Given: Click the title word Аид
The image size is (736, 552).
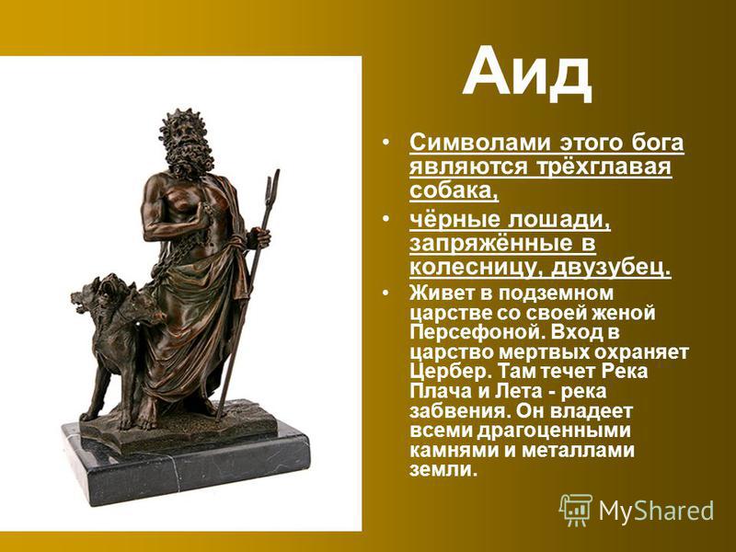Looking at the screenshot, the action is click(527, 72).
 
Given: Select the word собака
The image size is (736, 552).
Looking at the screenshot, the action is click(454, 190).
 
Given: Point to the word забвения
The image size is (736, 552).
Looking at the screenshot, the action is click(459, 411).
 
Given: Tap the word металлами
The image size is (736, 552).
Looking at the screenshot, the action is click(578, 451).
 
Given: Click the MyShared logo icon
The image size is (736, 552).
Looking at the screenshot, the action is click(576, 510).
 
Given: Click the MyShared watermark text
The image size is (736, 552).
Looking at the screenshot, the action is click(656, 511).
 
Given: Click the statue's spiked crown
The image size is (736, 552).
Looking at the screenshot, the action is click(182, 121).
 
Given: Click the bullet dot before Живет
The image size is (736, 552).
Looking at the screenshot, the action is click(385, 293).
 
